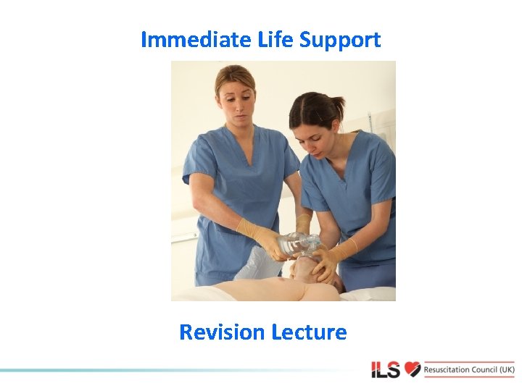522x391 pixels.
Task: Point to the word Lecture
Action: [309, 332]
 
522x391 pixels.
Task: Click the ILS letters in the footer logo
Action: [386, 369]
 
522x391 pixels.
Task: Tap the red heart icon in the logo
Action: [413, 369]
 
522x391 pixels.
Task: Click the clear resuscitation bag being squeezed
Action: [297, 244]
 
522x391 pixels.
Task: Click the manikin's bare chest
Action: [275, 290]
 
